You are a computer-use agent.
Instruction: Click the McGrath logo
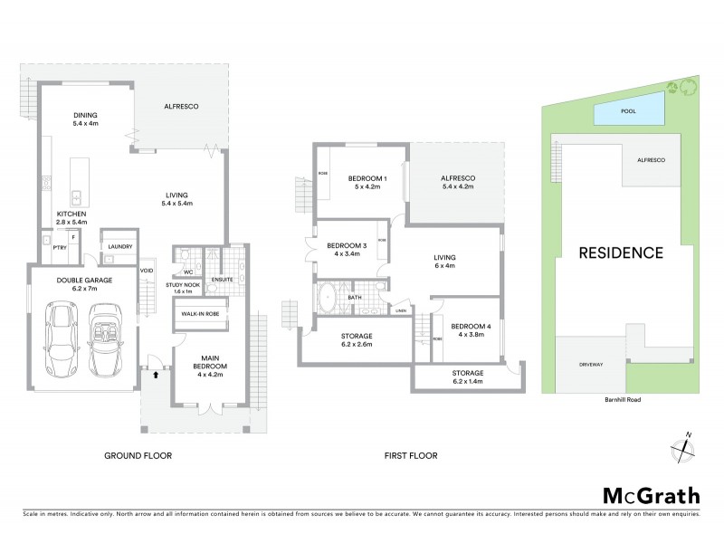click(x=651, y=495)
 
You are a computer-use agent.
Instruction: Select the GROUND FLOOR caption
click(x=138, y=456)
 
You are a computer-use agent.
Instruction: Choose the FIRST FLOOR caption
click(x=406, y=456)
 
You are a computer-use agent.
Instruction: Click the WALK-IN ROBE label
click(x=200, y=313)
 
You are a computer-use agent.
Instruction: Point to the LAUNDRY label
click(x=119, y=246)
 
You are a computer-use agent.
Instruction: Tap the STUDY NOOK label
click(x=182, y=285)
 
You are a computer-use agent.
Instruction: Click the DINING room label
click(x=85, y=115)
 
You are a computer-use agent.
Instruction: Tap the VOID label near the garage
click(x=146, y=270)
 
